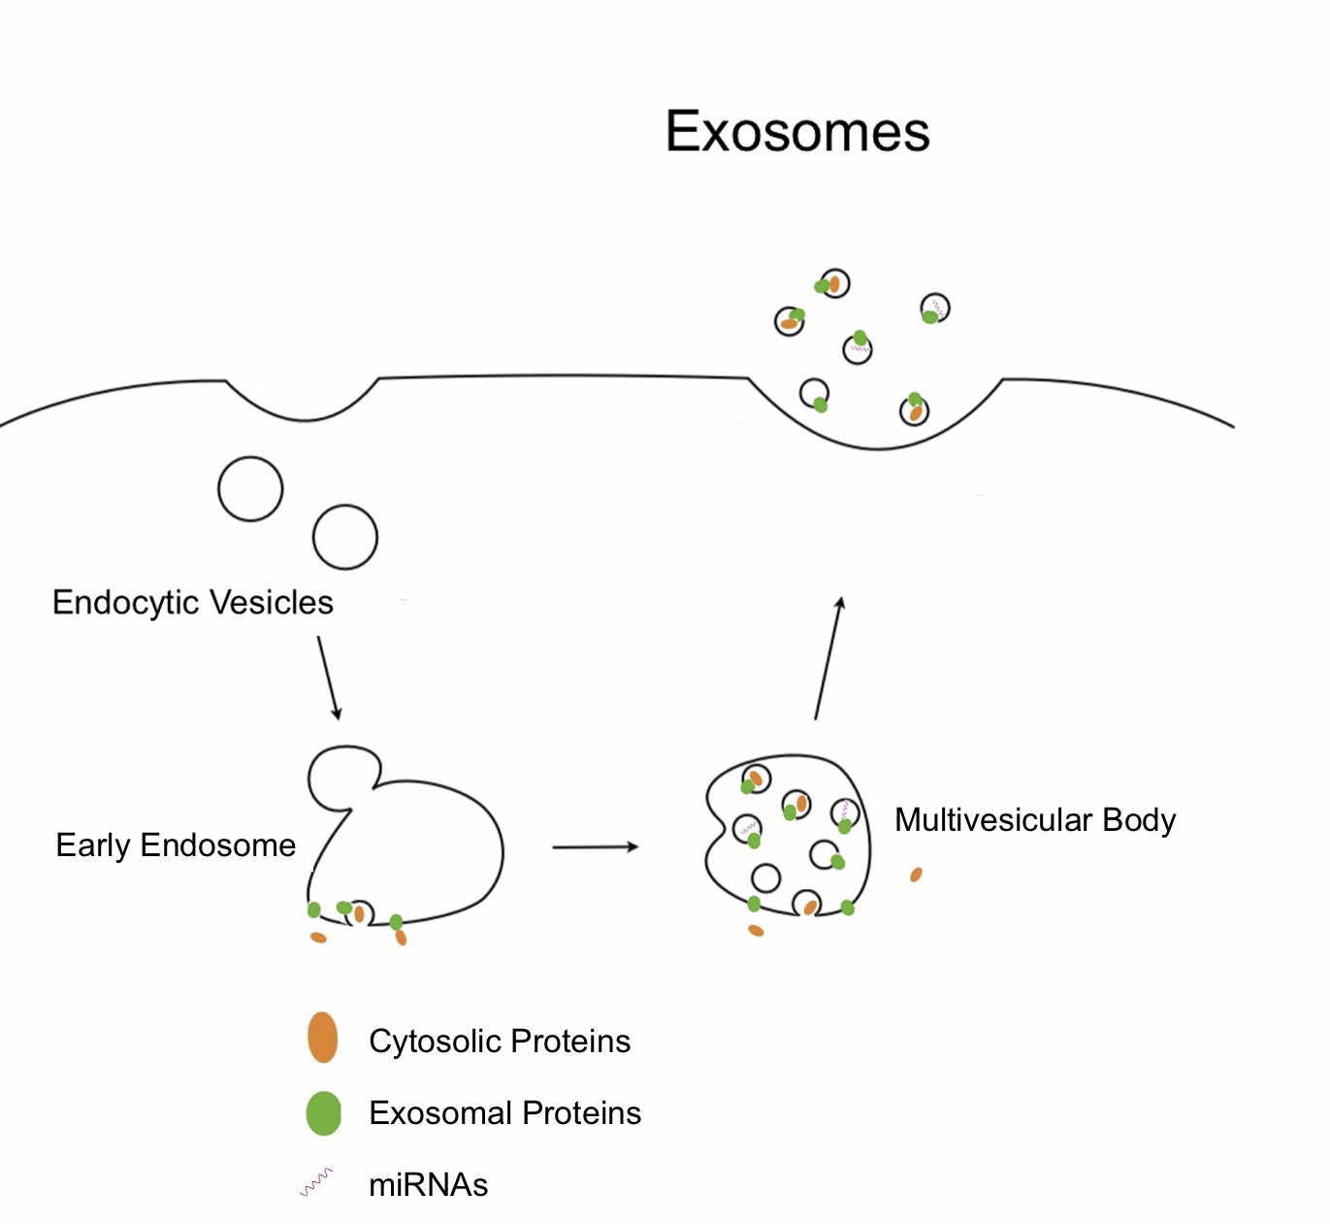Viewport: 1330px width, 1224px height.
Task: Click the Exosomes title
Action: (797, 131)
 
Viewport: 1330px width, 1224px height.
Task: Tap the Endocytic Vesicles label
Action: (192, 603)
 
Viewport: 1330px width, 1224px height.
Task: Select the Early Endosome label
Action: (176, 845)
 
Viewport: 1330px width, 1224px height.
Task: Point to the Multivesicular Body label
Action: (1034, 820)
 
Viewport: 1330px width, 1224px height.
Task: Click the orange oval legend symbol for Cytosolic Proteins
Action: (322, 1038)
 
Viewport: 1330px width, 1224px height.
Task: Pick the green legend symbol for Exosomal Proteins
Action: (323, 1113)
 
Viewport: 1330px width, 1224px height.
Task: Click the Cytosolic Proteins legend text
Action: (500, 1042)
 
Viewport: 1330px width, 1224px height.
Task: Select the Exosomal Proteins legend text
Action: (504, 1113)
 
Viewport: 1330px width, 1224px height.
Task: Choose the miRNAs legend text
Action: (428, 1185)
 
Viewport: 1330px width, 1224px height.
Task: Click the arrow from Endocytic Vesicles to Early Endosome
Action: (329, 678)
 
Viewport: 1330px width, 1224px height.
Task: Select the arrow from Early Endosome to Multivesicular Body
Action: (595, 847)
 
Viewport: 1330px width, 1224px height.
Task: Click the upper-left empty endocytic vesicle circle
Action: (250, 489)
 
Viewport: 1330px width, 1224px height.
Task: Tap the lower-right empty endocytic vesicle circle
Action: (344, 537)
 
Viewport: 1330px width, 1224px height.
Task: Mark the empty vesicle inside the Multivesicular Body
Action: (766, 877)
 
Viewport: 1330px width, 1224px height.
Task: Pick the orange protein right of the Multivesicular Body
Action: (916, 875)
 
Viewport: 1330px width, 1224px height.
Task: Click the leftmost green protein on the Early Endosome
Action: (314, 910)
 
